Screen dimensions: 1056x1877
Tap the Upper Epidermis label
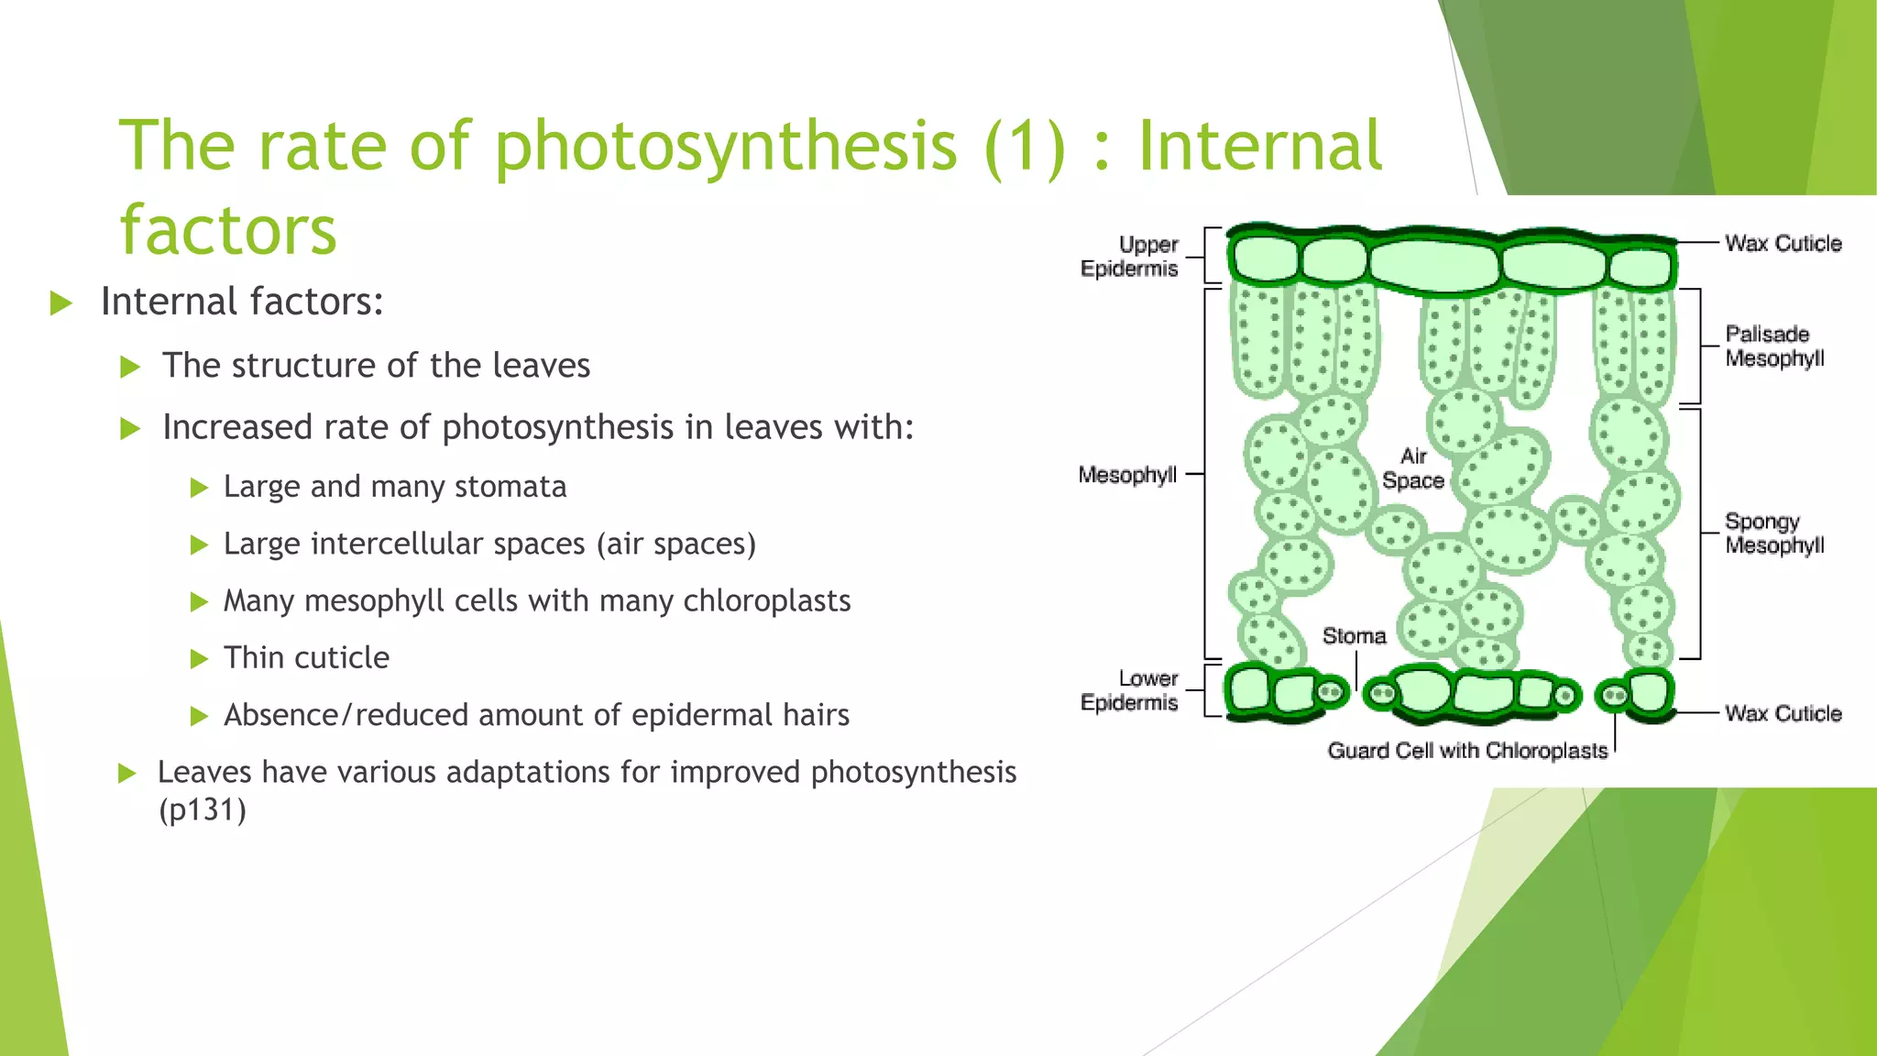click(1129, 257)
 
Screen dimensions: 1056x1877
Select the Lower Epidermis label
click(1129, 691)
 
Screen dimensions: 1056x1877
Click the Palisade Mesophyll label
click(1774, 346)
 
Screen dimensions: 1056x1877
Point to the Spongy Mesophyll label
click(1774, 533)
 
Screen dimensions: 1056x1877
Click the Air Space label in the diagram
click(1413, 468)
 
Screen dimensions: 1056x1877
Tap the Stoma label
click(1354, 636)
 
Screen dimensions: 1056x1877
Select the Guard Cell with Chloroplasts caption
click(1467, 752)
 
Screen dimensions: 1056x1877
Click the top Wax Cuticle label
click(1783, 244)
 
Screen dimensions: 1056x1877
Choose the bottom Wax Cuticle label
click(1783, 714)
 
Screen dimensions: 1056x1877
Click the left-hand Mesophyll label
click(1127, 475)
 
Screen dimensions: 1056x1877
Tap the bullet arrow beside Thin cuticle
click(199, 659)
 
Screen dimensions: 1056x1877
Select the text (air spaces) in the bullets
click(676, 544)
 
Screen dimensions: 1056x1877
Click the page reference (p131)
click(203, 810)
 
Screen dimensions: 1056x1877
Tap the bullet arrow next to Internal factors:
click(61, 302)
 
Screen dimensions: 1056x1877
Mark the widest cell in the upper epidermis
click(1434, 265)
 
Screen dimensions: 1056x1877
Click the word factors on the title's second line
click(228, 229)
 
